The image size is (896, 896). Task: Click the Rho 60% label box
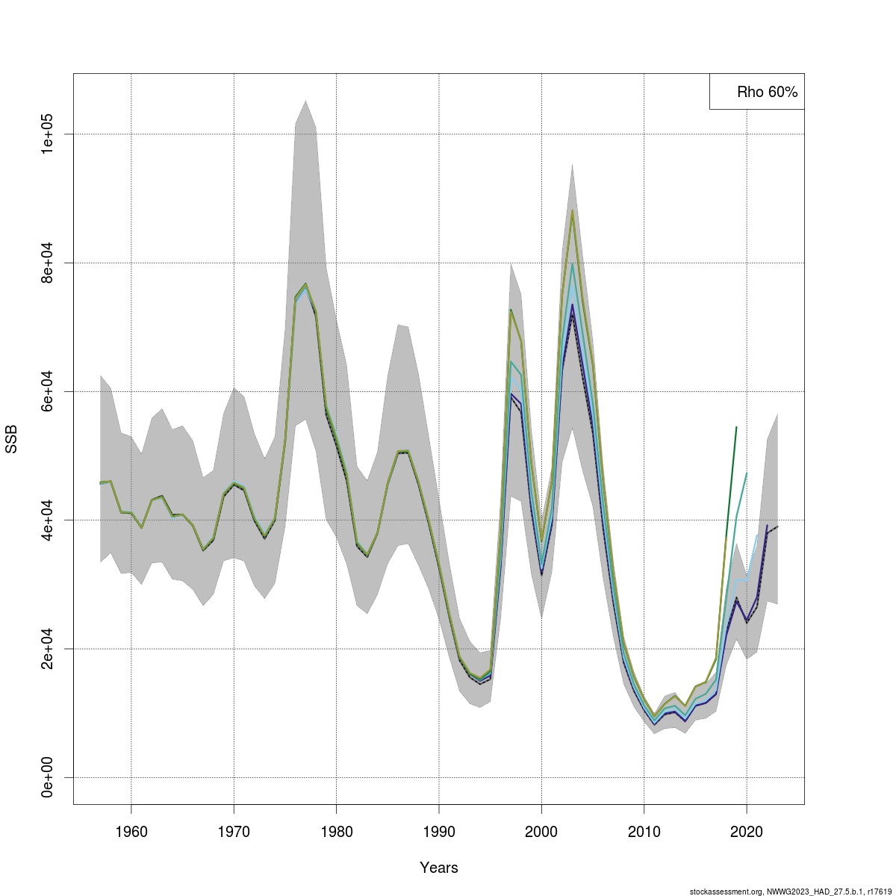757,92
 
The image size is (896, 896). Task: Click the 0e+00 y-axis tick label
50,777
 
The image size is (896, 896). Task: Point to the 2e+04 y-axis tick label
50,649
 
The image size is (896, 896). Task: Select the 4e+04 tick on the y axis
50,520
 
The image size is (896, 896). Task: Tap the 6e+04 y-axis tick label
50,391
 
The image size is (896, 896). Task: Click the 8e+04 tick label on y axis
50,263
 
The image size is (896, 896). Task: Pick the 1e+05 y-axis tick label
50,134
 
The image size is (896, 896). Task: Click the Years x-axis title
439,868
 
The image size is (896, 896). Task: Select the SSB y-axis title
13,439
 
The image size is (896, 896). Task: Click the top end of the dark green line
736,427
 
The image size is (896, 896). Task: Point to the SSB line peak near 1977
306,284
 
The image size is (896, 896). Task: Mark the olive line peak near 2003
572,210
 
